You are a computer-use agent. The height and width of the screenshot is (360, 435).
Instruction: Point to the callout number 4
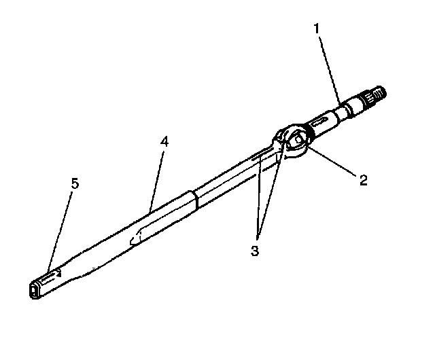[x=163, y=143]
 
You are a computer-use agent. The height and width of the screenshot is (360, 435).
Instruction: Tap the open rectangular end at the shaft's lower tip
[x=35, y=291]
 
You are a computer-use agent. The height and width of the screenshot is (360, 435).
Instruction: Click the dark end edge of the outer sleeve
[x=194, y=198]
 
